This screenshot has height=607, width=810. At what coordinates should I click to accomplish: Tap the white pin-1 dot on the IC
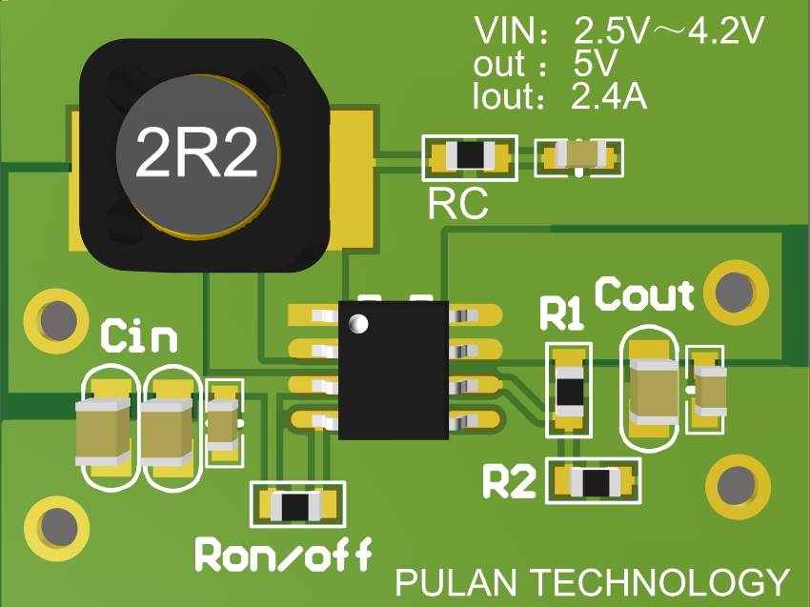358,323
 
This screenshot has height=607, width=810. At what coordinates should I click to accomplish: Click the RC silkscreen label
457,203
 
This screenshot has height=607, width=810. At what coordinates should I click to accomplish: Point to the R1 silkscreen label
562,314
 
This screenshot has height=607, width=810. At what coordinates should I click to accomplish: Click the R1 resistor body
569,390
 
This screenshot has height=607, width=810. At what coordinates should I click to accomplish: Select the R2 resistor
593,482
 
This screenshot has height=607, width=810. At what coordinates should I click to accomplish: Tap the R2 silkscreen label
510,482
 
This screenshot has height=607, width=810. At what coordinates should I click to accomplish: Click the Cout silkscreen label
645,295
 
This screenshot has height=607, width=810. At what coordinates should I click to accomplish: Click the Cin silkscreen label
139,336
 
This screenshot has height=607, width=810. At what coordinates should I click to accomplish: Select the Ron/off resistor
296,505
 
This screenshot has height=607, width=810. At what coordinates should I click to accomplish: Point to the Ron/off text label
283,555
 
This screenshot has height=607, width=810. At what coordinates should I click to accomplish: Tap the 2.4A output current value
609,96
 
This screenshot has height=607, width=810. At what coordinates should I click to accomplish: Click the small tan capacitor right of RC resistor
580,155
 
